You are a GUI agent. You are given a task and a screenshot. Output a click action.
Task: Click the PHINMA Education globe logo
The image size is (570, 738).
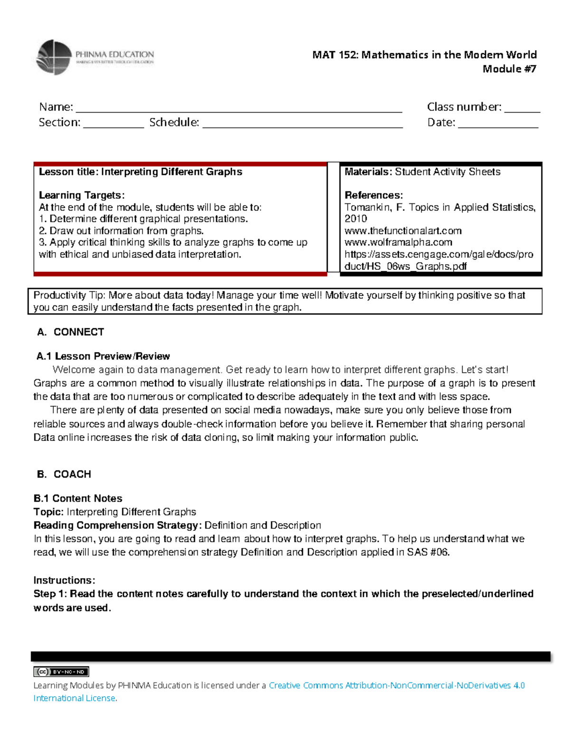coord(54,57)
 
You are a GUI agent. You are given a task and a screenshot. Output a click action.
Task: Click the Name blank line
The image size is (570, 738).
coord(239,111)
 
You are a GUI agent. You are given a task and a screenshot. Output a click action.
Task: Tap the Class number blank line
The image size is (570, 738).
coord(522,111)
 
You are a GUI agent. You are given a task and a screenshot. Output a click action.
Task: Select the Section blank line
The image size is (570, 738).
coord(114,127)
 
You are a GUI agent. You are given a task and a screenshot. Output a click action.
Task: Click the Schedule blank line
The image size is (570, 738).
coord(303,127)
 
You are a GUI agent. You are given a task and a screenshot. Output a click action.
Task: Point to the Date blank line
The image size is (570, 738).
coord(498,127)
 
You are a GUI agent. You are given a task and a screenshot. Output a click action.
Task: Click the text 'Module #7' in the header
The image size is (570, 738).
coord(509,69)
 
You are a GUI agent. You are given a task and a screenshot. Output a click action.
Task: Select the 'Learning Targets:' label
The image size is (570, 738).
coord(82,195)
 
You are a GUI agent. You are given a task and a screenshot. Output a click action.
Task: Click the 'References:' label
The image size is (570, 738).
coord(374,195)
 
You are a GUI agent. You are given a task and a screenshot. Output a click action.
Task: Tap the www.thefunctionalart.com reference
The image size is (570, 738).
coord(403,231)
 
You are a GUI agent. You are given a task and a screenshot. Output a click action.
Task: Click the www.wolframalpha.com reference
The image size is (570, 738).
coord(398,242)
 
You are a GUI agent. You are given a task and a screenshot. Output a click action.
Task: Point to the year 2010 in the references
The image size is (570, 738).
coord(356,219)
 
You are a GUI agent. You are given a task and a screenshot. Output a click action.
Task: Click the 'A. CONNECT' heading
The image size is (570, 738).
coord(71,332)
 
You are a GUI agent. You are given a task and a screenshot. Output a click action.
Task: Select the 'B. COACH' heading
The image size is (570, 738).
coord(64,474)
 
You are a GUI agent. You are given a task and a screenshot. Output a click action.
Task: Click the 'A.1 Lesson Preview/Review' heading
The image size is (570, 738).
coord(103,356)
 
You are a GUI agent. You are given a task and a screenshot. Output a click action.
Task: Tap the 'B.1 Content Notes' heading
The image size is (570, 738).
coord(78,498)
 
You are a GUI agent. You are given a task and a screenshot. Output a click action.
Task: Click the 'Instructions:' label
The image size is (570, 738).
coord(64,580)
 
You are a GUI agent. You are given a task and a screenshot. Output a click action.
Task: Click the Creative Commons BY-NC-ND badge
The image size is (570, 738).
coord(61,671)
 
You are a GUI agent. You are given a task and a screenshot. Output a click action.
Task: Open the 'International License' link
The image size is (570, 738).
coord(75,698)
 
